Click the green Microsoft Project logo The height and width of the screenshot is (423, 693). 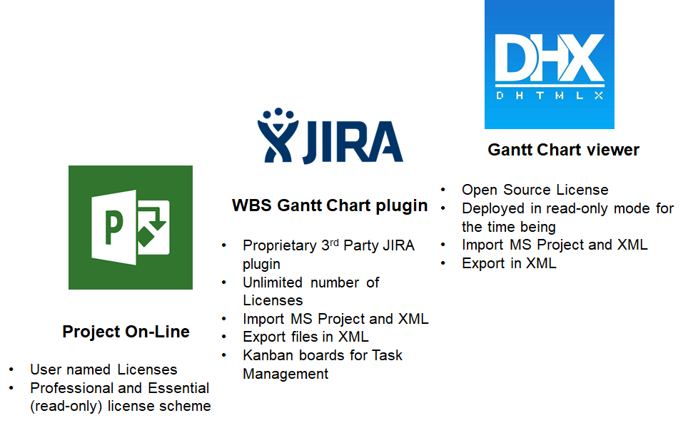[x=131, y=228]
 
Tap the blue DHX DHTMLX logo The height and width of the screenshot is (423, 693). [x=550, y=64]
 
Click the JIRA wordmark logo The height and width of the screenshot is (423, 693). [x=330, y=136]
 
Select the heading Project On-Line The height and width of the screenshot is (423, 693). [x=126, y=331]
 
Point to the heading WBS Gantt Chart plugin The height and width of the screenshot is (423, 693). [x=330, y=205]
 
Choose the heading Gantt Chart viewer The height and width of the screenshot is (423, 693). [x=564, y=150]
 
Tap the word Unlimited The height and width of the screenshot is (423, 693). [x=273, y=282]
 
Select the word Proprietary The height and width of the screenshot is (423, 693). [x=280, y=245]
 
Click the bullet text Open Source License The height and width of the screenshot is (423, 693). [x=535, y=190]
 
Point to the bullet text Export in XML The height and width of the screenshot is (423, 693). [x=509, y=263]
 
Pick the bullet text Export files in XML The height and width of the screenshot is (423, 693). [x=305, y=337]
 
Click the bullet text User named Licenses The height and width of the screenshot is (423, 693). [x=103, y=369]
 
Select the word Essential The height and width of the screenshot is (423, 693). [x=178, y=388]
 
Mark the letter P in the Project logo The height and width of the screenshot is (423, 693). [x=113, y=228]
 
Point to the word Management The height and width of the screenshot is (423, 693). [x=285, y=374]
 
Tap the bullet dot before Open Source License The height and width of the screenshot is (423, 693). [x=443, y=190]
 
